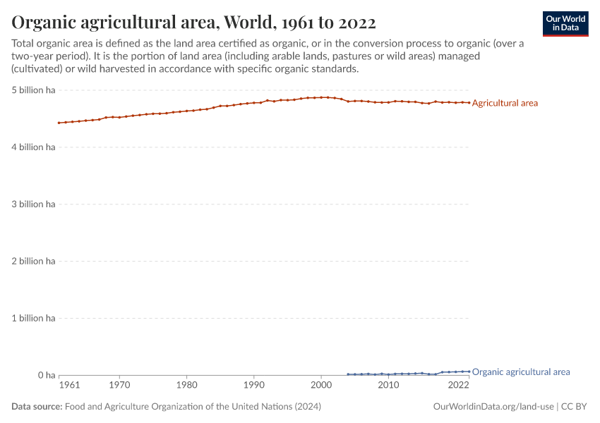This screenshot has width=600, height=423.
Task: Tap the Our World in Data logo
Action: click(x=565, y=24)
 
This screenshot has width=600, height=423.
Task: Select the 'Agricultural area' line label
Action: click(x=505, y=103)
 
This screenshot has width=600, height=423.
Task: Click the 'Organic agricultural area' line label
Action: click(x=520, y=372)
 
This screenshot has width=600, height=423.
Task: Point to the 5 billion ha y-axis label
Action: click(x=33, y=90)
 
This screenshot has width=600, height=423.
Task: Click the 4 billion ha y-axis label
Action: click(x=33, y=147)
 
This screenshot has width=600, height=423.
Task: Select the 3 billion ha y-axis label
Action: click(x=33, y=204)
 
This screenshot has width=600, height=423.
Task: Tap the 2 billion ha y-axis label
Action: click(x=33, y=262)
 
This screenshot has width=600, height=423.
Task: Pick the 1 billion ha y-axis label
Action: click(x=33, y=319)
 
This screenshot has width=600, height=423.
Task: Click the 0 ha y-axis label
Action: click(x=46, y=376)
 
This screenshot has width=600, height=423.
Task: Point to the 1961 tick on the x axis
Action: click(x=69, y=386)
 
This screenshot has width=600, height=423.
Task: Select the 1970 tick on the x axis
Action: click(x=119, y=386)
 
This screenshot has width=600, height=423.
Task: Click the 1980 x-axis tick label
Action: click(x=186, y=386)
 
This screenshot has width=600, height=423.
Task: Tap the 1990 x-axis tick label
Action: click(x=253, y=386)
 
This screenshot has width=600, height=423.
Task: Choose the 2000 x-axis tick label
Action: click(x=321, y=386)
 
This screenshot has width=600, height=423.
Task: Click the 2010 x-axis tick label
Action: click(x=388, y=386)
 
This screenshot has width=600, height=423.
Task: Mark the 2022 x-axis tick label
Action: click(x=458, y=386)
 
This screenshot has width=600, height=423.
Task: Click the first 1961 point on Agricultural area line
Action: click(x=59, y=123)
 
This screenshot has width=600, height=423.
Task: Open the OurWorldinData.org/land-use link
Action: click(x=493, y=407)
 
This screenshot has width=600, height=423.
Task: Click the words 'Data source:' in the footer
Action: click(x=37, y=407)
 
